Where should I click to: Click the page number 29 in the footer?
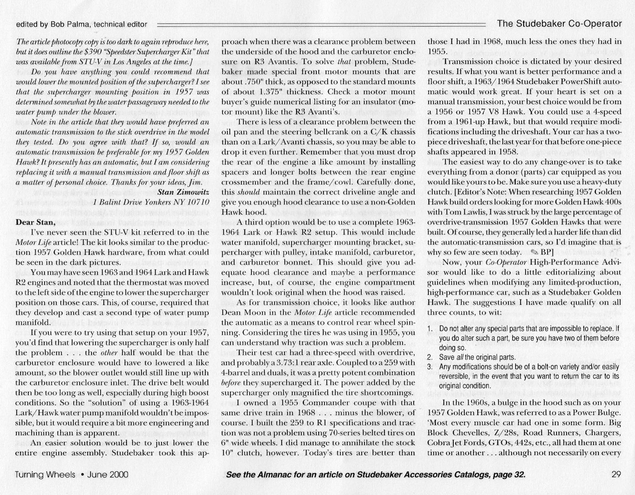point(616,475)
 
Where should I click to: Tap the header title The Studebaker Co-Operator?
point(559,24)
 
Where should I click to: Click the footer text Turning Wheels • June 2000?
point(72,475)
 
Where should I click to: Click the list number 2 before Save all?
point(429,357)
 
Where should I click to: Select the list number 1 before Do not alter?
point(429,329)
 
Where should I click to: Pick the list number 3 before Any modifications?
point(429,366)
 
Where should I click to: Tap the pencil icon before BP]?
point(534,253)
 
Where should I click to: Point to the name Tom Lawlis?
point(463,212)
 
